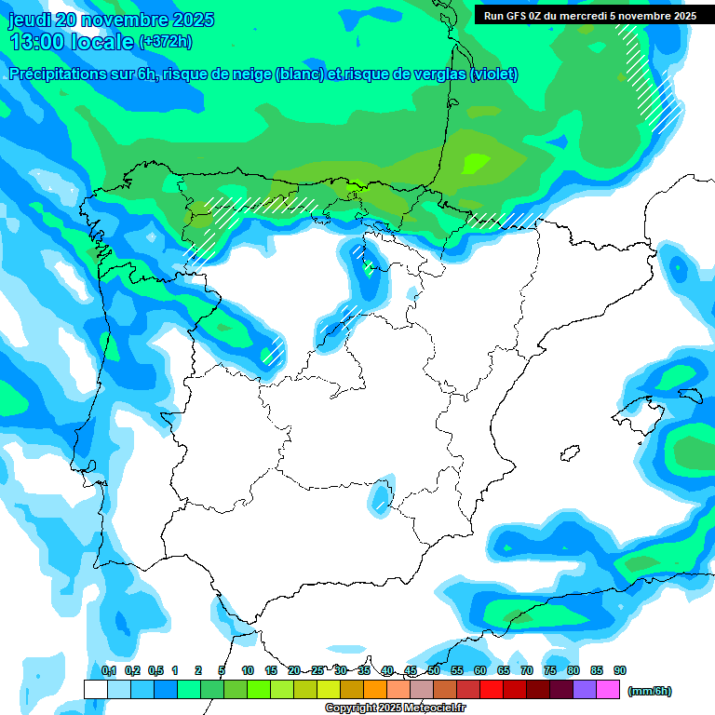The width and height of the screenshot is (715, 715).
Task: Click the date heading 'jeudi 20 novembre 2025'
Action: pos(112,20)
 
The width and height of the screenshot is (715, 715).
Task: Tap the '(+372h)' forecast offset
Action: pos(165,42)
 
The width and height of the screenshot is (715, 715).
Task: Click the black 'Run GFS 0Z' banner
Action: pos(589,16)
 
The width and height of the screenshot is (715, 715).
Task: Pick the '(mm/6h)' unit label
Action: pos(649,691)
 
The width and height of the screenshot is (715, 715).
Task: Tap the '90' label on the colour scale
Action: pos(620,670)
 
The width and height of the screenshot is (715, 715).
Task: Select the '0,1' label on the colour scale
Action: pos(108,670)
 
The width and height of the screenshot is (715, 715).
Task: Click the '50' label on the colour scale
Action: pos(434,670)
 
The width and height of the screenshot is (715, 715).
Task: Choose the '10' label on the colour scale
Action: pos(248,670)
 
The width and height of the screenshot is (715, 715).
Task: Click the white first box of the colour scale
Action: pos(95,689)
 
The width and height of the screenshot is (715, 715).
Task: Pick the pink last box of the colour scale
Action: pos(608,689)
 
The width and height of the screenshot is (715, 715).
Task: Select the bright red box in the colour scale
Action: pos(492,689)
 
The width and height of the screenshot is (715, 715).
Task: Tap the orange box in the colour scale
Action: pos(375,689)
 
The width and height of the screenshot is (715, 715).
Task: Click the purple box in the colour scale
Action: pos(585,689)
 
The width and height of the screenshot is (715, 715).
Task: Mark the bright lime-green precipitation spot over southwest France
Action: pos(476,162)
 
